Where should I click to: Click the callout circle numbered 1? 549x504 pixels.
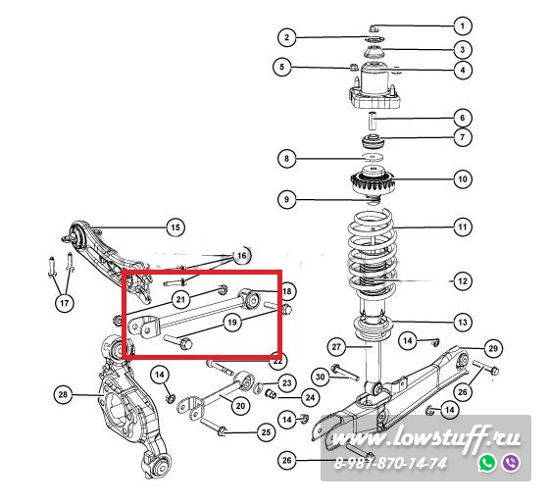[x=463, y=25]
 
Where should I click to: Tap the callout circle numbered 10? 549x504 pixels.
[x=463, y=179]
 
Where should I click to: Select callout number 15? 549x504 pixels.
[x=175, y=227]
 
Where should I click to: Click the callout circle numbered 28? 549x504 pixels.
[x=63, y=395]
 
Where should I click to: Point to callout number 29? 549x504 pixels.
[x=493, y=348]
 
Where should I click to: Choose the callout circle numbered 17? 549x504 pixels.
[x=65, y=303]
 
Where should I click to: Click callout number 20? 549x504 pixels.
[x=240, y=406]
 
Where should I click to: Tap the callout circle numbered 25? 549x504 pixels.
[x=266, y=432]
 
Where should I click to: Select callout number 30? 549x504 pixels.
[x=321, y=377]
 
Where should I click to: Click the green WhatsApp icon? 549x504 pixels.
[x=487, y=463]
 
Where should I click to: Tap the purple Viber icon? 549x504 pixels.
[x=511, y=463]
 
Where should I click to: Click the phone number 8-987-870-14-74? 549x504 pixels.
[x=390, y=464]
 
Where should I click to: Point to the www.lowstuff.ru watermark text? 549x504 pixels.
[x=425, y=438]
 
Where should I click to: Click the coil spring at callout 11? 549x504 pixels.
[x=373, y=252]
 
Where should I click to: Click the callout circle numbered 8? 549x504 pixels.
[x=286, y=159]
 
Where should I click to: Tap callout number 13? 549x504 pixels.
[x=463, y=323]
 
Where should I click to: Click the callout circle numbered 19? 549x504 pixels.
[x=232, y=322]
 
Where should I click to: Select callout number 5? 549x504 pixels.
[x=282, y=67]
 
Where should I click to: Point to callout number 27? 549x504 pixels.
[x=336, y=347]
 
